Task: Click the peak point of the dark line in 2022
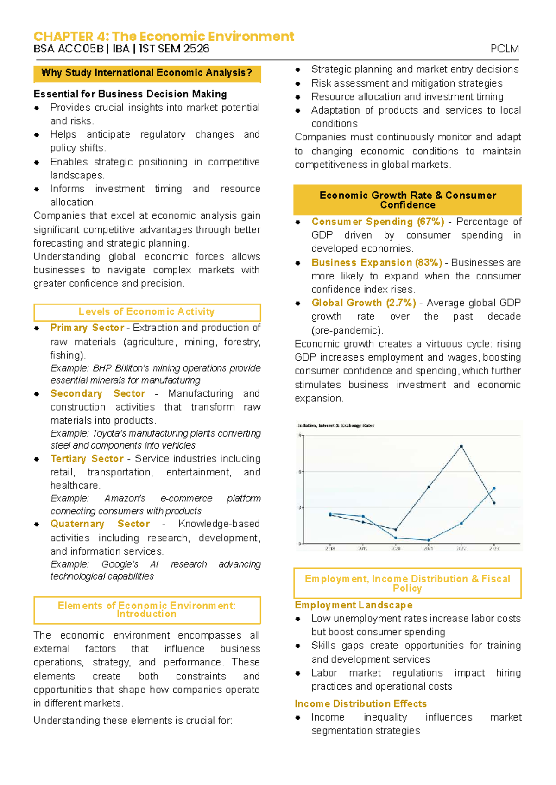pyautogui.click(x=461, y=447)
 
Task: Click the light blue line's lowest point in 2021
pyautogui.click(x=429, y=540)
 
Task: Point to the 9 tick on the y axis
pyautogui.click(x=300, y=436)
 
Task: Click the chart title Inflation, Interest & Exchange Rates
pyautogui.click(x=336, y=425)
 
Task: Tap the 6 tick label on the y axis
pyautogui.click(x=300, y=472)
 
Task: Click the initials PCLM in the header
pyautogui.click(x=505, y=49)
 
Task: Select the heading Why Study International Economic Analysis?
pyautogui.click(x=146, y=73)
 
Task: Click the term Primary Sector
pyautogui.click(x=87, y=328)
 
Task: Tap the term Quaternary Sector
pyautogui.click(x=100, y=524)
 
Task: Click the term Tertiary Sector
pyautogui.click(x=87, y=459)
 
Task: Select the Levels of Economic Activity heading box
pyautogui.click(x=146, y=312)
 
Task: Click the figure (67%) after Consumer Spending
pyautogui.click(x=430, y=222)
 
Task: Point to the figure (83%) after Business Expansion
pyautogui.click(x=429, y=263)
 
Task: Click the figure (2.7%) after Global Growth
pyautogui.click(x=401, y=303)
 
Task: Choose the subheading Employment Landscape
pyautogui.click(x=354, y=605)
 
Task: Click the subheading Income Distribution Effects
pyautogui.click(x=360, y=704)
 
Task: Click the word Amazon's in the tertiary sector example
pyautogui.click(x=125, y=499)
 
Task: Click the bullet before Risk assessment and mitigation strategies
pyautogui.click(x=298, y=84)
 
